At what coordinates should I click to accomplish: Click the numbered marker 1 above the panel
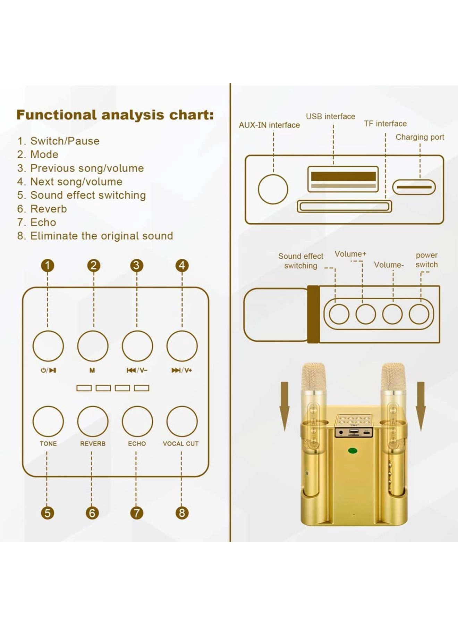48,266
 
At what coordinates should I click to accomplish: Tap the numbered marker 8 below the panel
182,513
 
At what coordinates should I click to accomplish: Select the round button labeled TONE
48,421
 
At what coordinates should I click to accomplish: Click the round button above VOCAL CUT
182,421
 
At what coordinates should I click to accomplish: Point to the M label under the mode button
92,370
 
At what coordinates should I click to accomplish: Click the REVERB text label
93,444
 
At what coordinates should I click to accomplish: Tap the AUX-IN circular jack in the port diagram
273,189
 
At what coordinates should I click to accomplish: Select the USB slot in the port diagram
343,179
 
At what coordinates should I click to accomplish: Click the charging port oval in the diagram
414,187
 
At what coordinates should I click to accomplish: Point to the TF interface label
385,124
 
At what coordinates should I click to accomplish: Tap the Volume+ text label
350,254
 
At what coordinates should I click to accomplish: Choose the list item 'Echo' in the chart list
43,222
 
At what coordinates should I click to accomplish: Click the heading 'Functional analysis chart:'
115,115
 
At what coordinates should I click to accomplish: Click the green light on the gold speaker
353,451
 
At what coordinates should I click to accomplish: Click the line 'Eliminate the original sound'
101,236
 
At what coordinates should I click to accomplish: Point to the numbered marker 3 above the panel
137,266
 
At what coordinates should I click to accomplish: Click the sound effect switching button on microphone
339,314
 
